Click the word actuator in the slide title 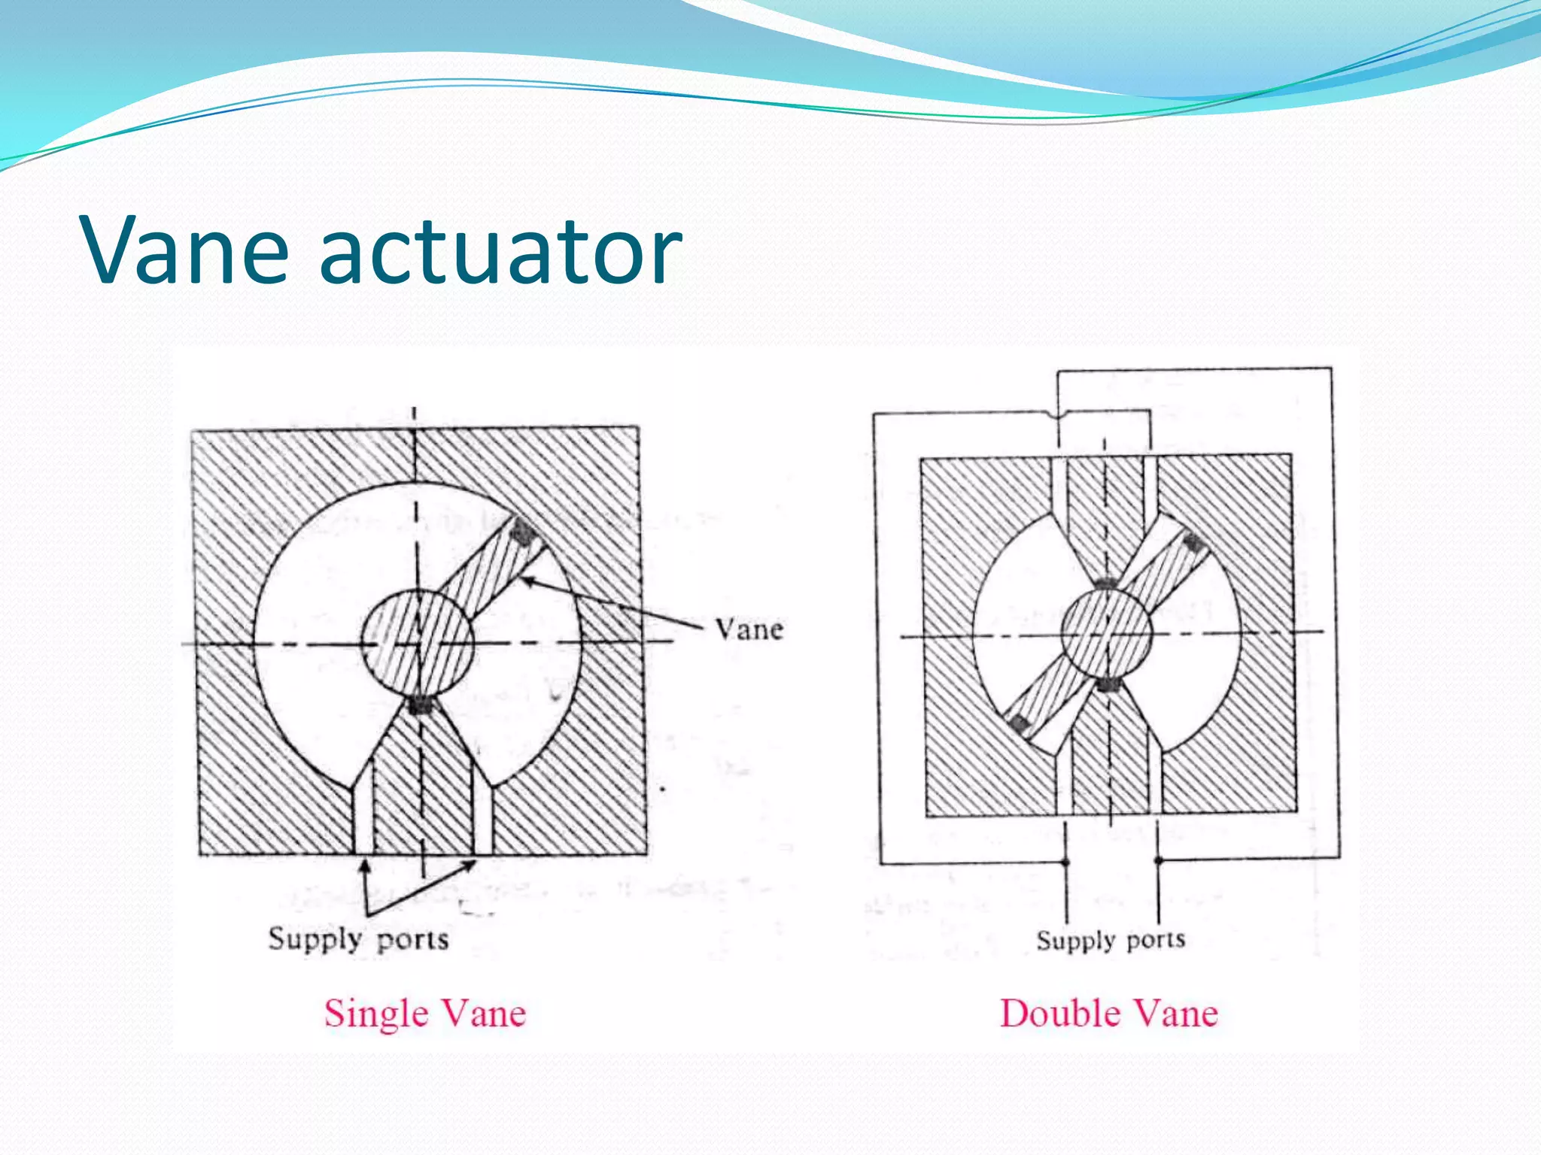coord(501,250)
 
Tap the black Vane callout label coord(749,629)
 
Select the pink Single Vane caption coord(425,1013)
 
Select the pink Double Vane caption coord(1108,1013)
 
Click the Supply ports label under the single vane coord(358,939)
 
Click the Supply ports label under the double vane coord(1111,940)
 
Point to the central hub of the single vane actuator coord(418,644)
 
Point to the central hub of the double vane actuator coord(1106,633)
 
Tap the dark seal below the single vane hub coord(418,705)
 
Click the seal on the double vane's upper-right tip coord(1192,543)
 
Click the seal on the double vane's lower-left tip coord(1019,724)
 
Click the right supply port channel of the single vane coord(482,820)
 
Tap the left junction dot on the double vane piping coord(1065,862)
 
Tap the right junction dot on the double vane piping coord(1158,859)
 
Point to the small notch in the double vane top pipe coord(1057,414)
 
